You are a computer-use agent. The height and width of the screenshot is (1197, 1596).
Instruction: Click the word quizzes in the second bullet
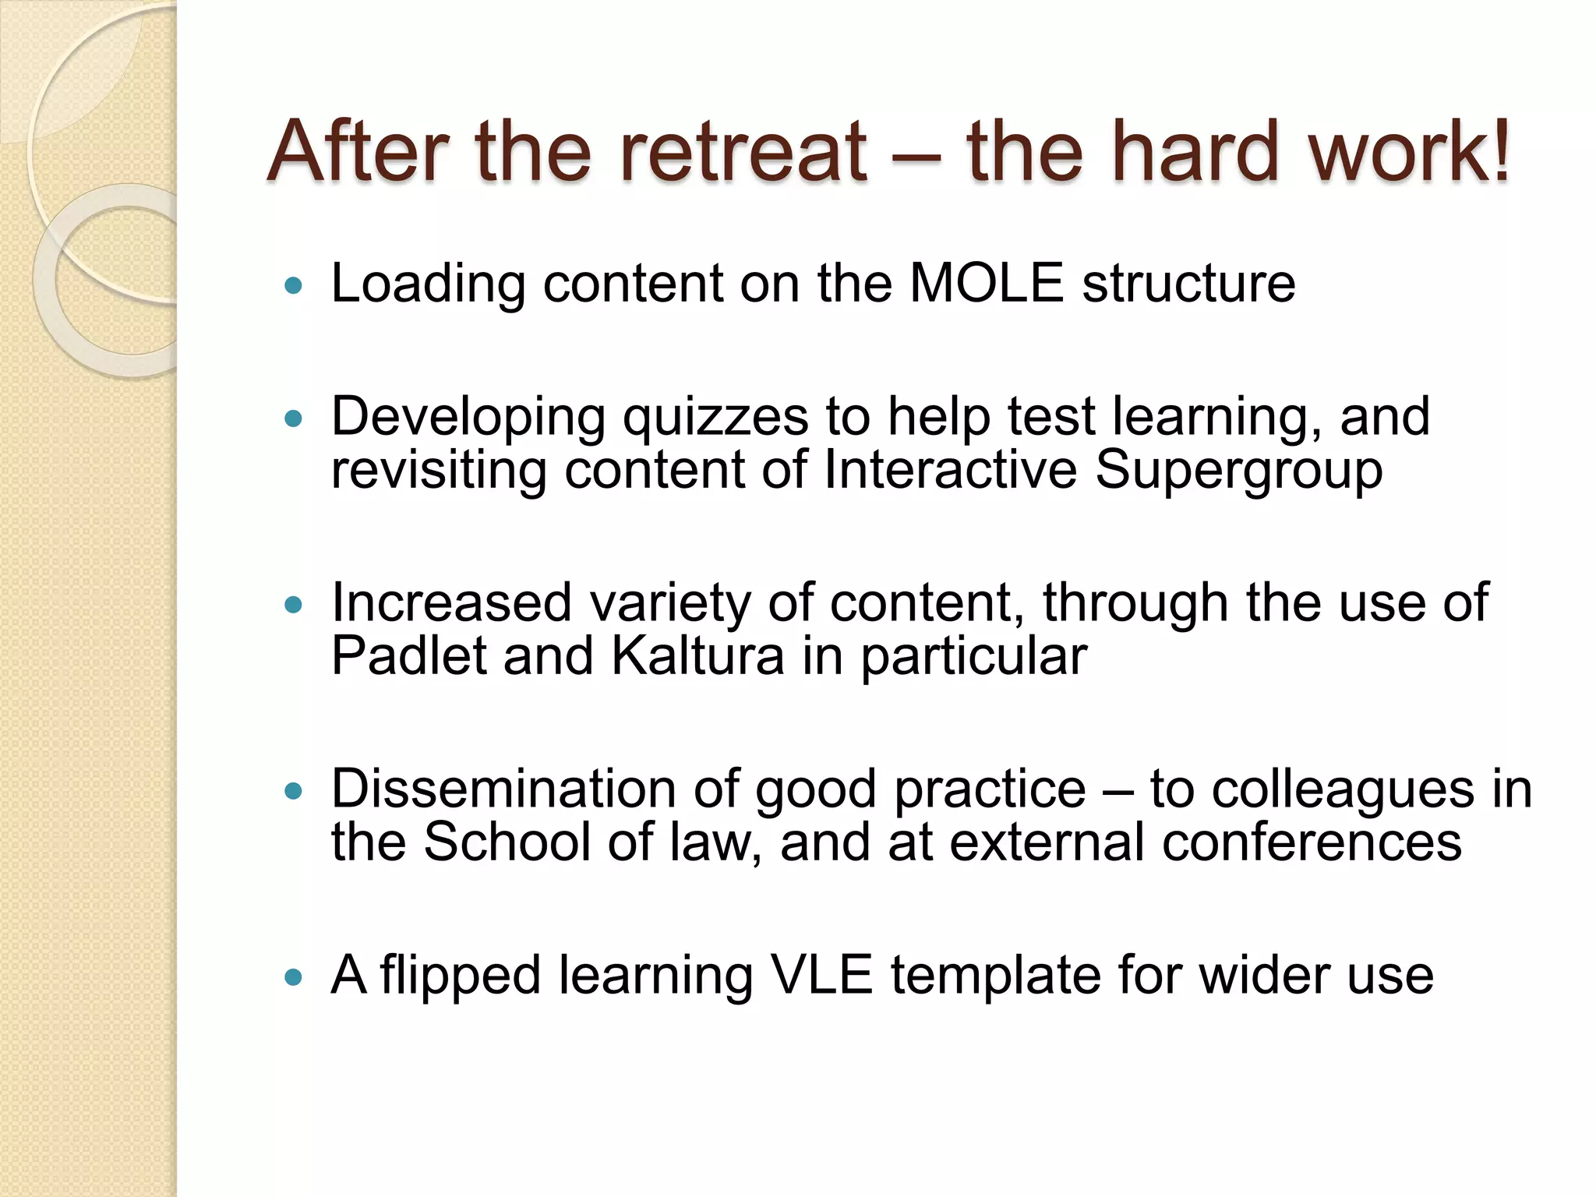[715, 418]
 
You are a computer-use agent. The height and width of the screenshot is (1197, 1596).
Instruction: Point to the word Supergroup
[1238, 471]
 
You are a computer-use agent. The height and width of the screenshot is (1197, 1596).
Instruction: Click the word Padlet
[408, 655]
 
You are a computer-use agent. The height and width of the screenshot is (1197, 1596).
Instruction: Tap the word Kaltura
[697, 655]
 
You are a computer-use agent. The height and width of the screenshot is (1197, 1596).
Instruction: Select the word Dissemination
[503, 789]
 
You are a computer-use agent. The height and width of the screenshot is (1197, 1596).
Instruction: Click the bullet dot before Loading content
[293, 286]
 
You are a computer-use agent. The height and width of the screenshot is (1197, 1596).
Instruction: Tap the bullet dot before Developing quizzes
[293, 420]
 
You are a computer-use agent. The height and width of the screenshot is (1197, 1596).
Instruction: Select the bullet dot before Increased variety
[293, 606]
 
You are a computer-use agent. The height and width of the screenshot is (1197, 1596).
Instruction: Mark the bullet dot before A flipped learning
[293, 977]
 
